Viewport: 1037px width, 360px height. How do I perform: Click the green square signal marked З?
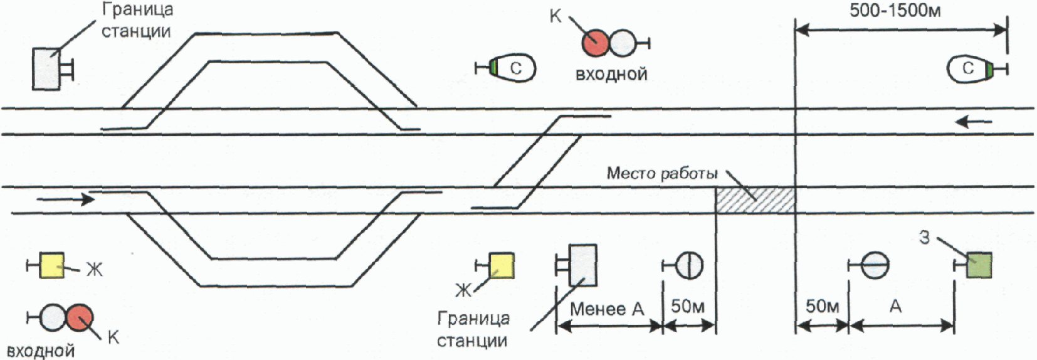click(979, 265)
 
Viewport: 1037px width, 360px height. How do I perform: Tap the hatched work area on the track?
click(755, 200)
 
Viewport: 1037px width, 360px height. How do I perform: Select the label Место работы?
click(662, 174)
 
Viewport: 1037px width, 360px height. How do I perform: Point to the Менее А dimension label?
click(607, 309)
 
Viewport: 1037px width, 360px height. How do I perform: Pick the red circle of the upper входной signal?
click(596, 43)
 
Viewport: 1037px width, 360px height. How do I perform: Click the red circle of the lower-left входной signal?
click(80, 318)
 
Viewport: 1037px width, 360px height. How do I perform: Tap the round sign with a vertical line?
click(689, 265)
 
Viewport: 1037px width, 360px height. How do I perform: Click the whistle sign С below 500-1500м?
click(969, 69)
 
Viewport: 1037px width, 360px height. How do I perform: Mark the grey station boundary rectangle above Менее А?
click(583, 265)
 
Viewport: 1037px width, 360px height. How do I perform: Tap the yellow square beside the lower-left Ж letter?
click(51, 265)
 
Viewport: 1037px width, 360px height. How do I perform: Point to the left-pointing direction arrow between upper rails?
click(974, 122)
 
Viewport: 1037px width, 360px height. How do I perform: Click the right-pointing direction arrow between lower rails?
click(65, 199)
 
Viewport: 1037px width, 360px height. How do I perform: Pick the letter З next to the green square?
click(924, 238)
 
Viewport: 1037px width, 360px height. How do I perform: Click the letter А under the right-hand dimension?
click(896, 307)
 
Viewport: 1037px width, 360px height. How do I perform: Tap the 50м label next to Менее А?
click(688, 307)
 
